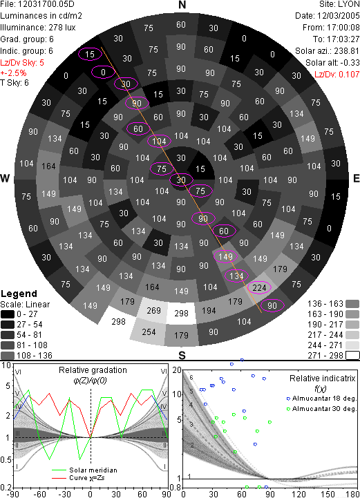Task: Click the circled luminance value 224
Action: [259, 288]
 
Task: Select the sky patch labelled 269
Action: [153, 310]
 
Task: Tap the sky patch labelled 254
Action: [149, 332]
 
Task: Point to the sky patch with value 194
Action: [209, 311]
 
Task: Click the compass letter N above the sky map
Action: [182, 5]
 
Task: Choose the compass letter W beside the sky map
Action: [5, 178]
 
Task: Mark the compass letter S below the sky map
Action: [182, 355]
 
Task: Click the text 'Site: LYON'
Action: [339, 4]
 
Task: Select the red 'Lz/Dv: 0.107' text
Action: [337, 75]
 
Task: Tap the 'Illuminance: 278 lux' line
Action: [38, 28]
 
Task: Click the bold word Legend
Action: [19, 294]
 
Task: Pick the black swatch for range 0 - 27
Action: [8, 314]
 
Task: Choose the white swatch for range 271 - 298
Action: [352, 356]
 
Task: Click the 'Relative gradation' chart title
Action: [93, 370]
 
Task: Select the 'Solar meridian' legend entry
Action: [84, 470]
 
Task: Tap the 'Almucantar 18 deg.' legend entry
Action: [321, 399]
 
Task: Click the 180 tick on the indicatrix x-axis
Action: [353, 494]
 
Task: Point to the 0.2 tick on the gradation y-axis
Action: [6, 488]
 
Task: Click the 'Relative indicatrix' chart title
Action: [322, 379]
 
